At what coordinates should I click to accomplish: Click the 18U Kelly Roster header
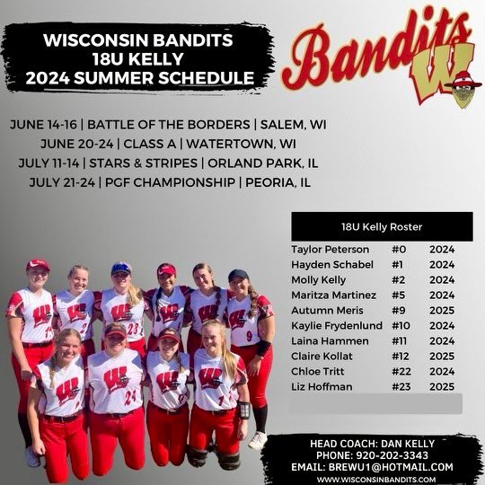[x=382, y=226]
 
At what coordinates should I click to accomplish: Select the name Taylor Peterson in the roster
[x=330, y=249]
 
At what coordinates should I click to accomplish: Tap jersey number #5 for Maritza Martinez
[x=400, y=295]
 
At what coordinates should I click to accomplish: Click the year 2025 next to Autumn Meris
[x=442, y=310]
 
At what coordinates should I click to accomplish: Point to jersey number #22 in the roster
[x=402, y=371]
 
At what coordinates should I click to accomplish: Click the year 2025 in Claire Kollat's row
[x=442, y=356]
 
